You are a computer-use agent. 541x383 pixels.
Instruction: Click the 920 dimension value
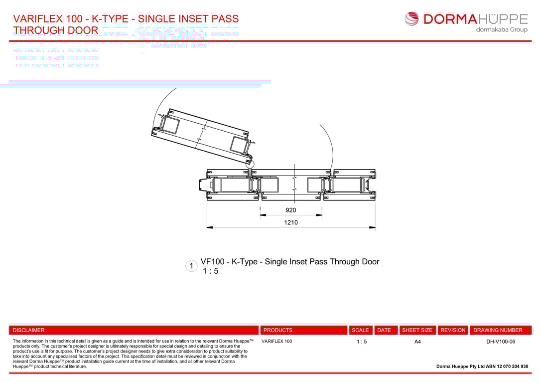coord(290,210)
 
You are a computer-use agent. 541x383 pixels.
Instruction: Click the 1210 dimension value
coord(291,222)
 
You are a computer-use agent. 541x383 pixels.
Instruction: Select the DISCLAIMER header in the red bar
coord(28,330)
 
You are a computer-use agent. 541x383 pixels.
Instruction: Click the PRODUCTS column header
coord(278,330)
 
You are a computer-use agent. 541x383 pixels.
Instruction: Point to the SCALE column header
coord(360,330)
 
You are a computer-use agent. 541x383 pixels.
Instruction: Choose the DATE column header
coord(384,330)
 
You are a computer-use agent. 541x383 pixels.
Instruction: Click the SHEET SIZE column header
coord(417,330)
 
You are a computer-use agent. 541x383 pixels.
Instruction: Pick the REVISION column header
coord(453,330)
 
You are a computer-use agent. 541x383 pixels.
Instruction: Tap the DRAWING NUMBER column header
coord(498,330)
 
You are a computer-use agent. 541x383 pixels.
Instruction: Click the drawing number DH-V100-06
coord(500,342)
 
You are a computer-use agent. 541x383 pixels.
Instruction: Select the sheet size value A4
coord(417,342)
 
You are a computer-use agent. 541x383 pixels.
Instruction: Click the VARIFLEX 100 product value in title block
coord(276,342)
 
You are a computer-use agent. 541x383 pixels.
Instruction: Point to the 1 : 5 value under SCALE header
coord(362,342)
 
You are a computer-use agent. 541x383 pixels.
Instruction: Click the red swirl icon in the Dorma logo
coord(412,19)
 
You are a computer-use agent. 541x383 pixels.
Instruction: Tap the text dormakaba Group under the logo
coord(501,29)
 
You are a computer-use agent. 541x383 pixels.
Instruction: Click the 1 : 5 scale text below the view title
coord(210,271)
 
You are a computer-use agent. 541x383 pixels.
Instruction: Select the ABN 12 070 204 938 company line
coord(482,366)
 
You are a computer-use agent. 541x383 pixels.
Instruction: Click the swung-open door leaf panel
coord(202,135)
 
